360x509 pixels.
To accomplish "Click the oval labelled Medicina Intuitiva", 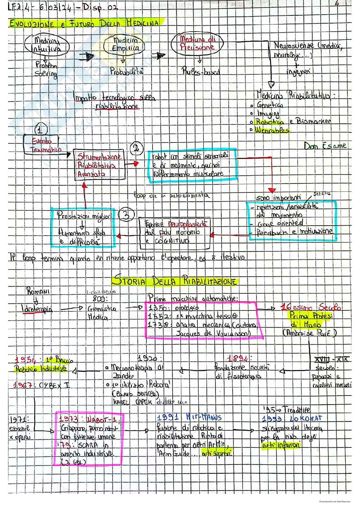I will [47, 45].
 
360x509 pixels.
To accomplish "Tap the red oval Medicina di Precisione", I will [197, 44].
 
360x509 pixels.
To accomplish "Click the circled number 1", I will [40, 130].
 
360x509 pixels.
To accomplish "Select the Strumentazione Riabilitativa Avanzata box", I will [99, 165].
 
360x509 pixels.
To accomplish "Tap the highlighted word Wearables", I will [272, 131].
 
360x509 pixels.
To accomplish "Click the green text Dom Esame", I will [325, 146].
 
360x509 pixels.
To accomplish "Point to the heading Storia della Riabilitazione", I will [174, 281].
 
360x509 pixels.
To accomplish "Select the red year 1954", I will [26, 360].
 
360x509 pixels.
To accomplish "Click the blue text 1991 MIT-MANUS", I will [189, 417].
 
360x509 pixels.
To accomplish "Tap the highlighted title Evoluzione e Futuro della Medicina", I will [85, 23].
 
